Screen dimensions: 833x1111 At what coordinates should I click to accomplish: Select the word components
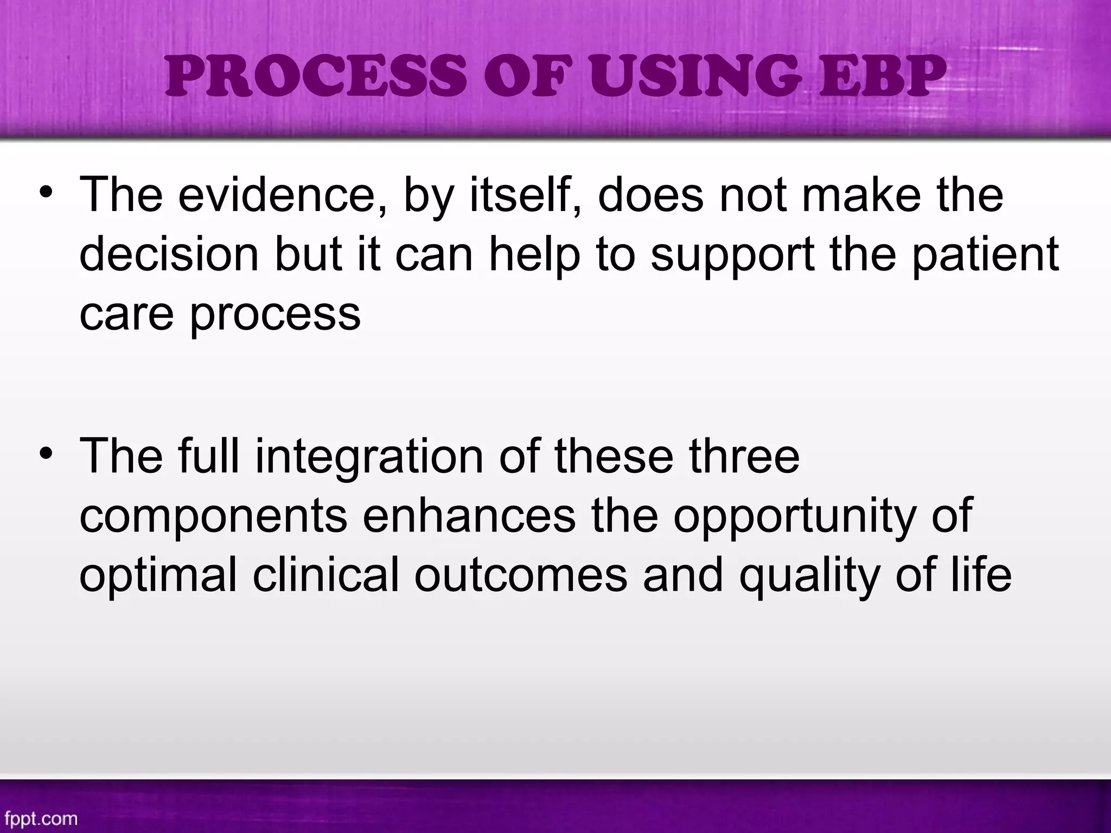pyautogui.click(x=213, y=516)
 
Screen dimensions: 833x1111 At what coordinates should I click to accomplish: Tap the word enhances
pyautogui.click(x=469, y=516)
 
